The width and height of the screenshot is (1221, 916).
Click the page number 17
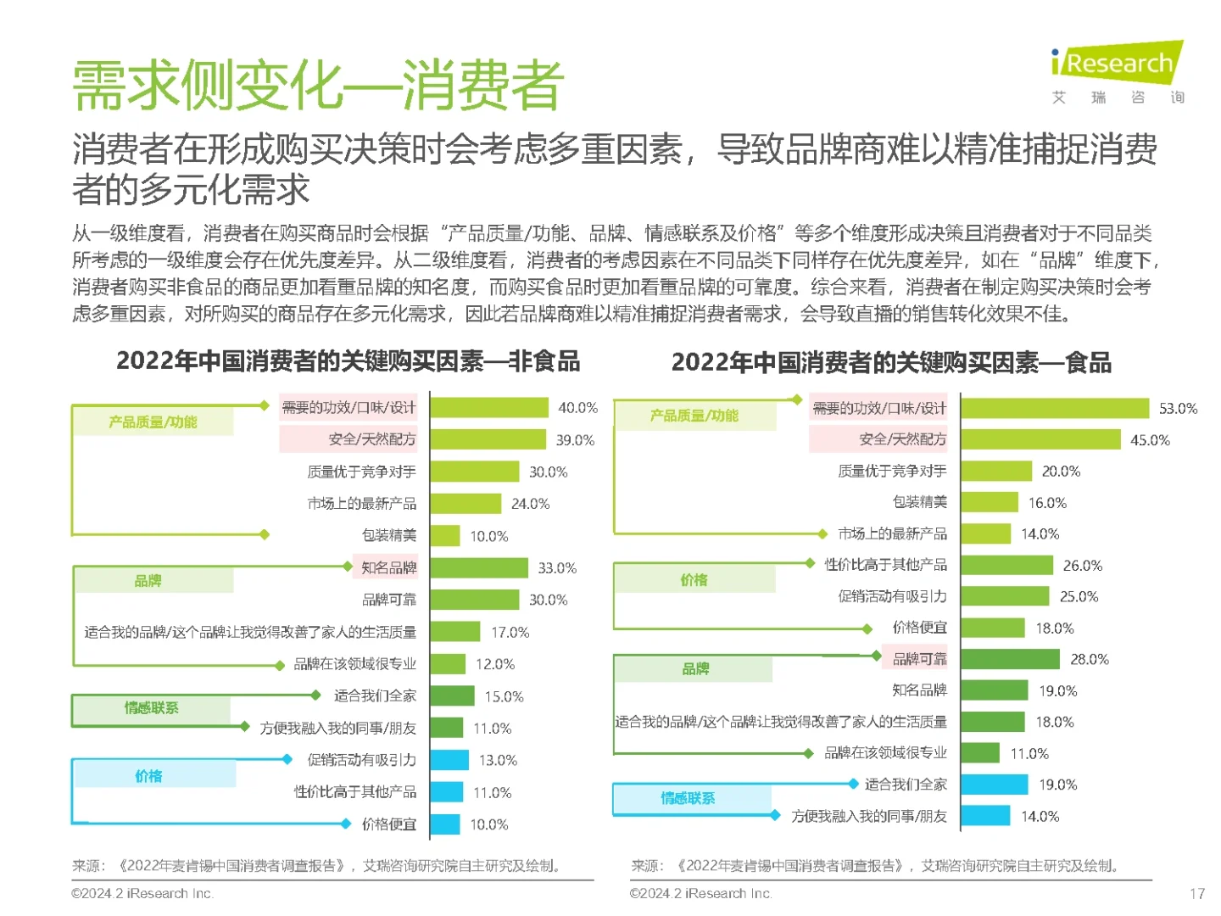(1196, 893)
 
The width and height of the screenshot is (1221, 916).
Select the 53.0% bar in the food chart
(1054, 408)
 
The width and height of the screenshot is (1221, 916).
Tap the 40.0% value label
(577, 408)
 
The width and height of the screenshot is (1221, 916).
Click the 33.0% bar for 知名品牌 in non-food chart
(479, 567)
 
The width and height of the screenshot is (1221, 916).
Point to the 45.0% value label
(1149, 440)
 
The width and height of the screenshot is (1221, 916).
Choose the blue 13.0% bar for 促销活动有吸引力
(449, 760)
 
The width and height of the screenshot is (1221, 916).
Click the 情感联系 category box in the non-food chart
(152, 708)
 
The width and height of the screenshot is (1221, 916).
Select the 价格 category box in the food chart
(694, 580)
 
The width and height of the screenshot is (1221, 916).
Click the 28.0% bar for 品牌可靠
(1010, 659)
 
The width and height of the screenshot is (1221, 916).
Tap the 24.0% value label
(530, 504)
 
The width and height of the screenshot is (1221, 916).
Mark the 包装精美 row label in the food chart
(919, 502)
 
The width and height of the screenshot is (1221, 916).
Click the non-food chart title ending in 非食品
(348, 361)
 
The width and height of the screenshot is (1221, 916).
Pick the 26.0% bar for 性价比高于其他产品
(1006, 565)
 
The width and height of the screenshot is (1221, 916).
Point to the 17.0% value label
(510, 633)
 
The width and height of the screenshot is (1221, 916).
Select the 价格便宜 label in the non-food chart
(389, 824)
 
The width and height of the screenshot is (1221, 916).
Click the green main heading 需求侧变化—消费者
(318, 86)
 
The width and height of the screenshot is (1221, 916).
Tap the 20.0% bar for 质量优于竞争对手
(995, 471)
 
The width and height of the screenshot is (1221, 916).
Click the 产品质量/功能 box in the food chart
(694, 416)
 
